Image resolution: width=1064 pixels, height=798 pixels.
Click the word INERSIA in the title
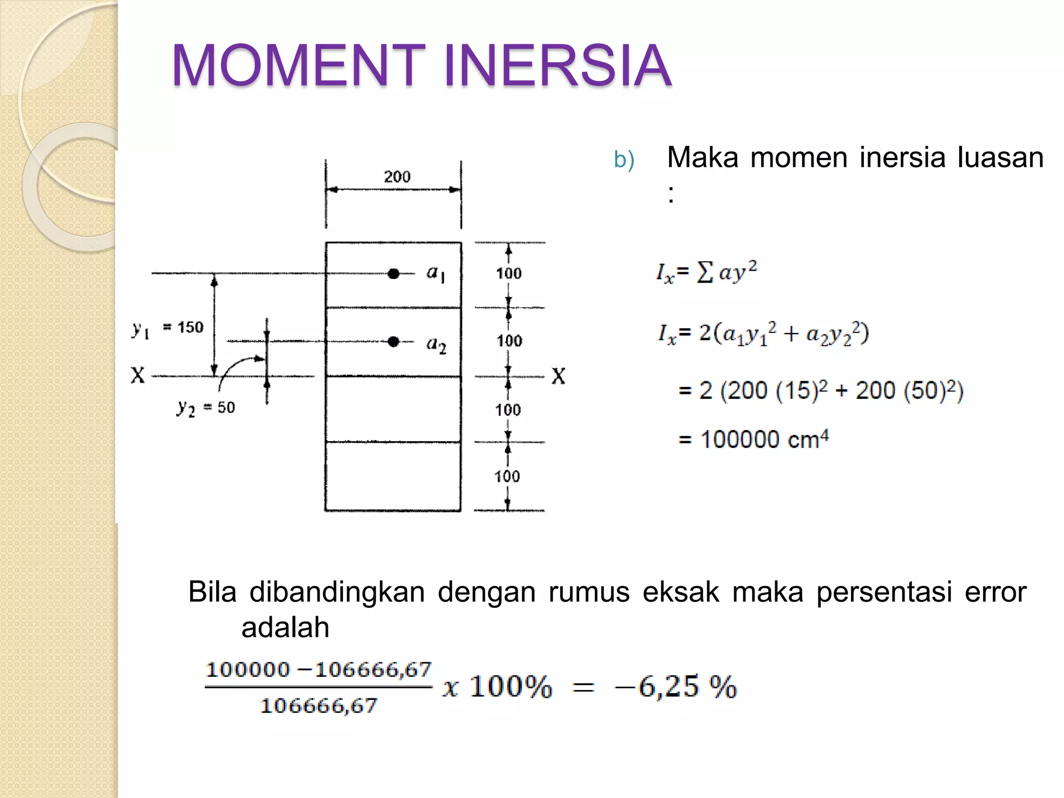click(x=557, y=65)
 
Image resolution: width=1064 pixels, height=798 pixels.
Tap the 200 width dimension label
click(x=397, y=177)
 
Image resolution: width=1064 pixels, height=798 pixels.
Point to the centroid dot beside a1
click(x=394, y=274)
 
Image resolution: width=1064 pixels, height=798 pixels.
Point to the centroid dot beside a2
click(x=394, y=341)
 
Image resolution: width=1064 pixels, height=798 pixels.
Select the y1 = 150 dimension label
click(x=167, y=328)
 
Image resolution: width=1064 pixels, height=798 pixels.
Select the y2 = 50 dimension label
click(x=206, y=408)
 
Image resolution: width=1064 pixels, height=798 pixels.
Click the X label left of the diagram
click(x=138, y=375)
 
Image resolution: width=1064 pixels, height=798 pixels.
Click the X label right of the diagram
click(x=558, y=376)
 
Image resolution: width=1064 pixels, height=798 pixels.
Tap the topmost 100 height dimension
click(x=509, y=273)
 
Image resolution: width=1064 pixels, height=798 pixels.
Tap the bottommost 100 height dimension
click(x=507, y=476)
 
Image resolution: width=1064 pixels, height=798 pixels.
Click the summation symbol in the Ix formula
click(x=704, y=272)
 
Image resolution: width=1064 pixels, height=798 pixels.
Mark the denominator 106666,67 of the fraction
click(x=318, y=706)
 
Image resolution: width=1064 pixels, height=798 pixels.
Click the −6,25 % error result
click(x=675, y=687)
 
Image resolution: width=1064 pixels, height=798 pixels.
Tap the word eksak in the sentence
click(x=681, y=592)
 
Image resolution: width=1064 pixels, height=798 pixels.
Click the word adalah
click(x=285, y=628)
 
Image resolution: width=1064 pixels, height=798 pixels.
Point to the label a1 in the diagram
click(x=435, y=273)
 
